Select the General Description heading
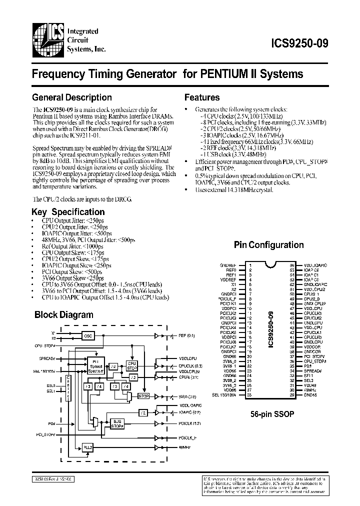tap(71, 97)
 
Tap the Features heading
tap(202, 97)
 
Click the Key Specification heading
tap(68, 212)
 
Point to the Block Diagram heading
tap(63, 315)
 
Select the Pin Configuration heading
tap(268, 245)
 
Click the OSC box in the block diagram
tap(88, 336)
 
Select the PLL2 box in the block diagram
tap(88, 446)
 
